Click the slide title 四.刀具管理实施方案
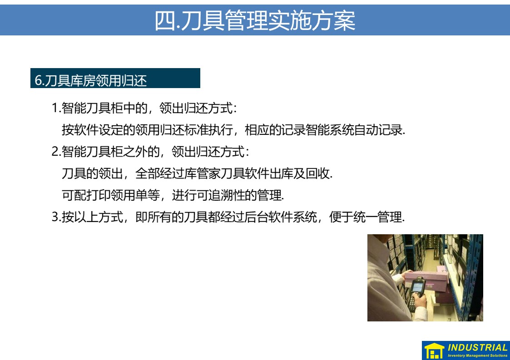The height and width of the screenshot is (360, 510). coord(255,20)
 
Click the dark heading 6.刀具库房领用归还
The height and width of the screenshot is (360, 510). coord(91,80)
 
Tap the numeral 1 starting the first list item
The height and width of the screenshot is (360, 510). coord(54,108)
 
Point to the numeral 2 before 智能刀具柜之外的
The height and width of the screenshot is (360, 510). coord(54,152)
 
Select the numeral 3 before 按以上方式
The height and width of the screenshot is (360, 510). coord(55,217)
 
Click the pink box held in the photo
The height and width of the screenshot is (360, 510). coord(426,278)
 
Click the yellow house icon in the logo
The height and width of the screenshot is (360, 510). coord(434,351)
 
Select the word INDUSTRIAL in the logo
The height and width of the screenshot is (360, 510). coord(477,347)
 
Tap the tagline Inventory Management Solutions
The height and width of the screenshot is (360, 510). coord(477,355)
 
